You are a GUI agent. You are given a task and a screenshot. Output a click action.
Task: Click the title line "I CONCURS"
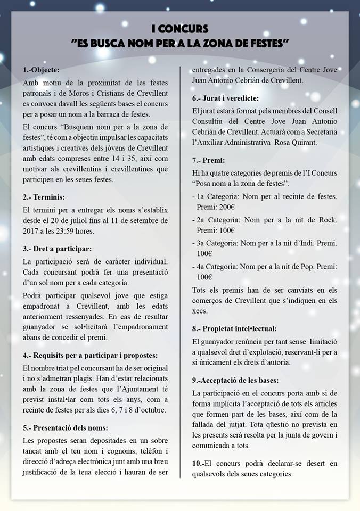tap(179, 29)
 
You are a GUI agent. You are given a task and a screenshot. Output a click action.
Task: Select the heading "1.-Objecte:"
tap(42, 70)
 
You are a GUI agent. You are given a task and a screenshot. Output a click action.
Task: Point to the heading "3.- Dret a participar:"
tap(58, 249)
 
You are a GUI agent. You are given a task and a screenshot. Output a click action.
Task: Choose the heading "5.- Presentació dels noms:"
tap(66, 427)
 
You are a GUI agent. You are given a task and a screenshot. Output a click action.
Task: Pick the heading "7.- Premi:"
tap(208, 160)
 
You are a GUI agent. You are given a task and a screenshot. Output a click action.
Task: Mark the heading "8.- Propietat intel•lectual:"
tap(234, 328)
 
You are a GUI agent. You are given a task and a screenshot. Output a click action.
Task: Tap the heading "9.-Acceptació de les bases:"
tap(235, 380)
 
